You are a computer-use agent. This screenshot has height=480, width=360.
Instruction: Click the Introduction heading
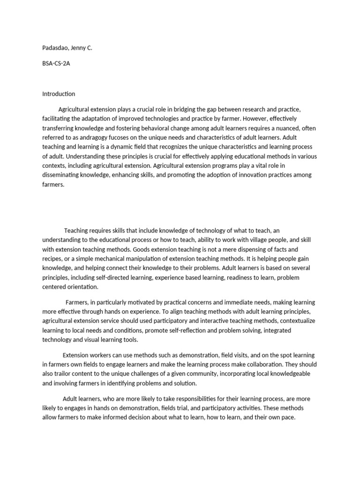[x=59, y=94]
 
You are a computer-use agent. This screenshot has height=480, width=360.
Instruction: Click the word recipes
[x=53, y=259]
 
